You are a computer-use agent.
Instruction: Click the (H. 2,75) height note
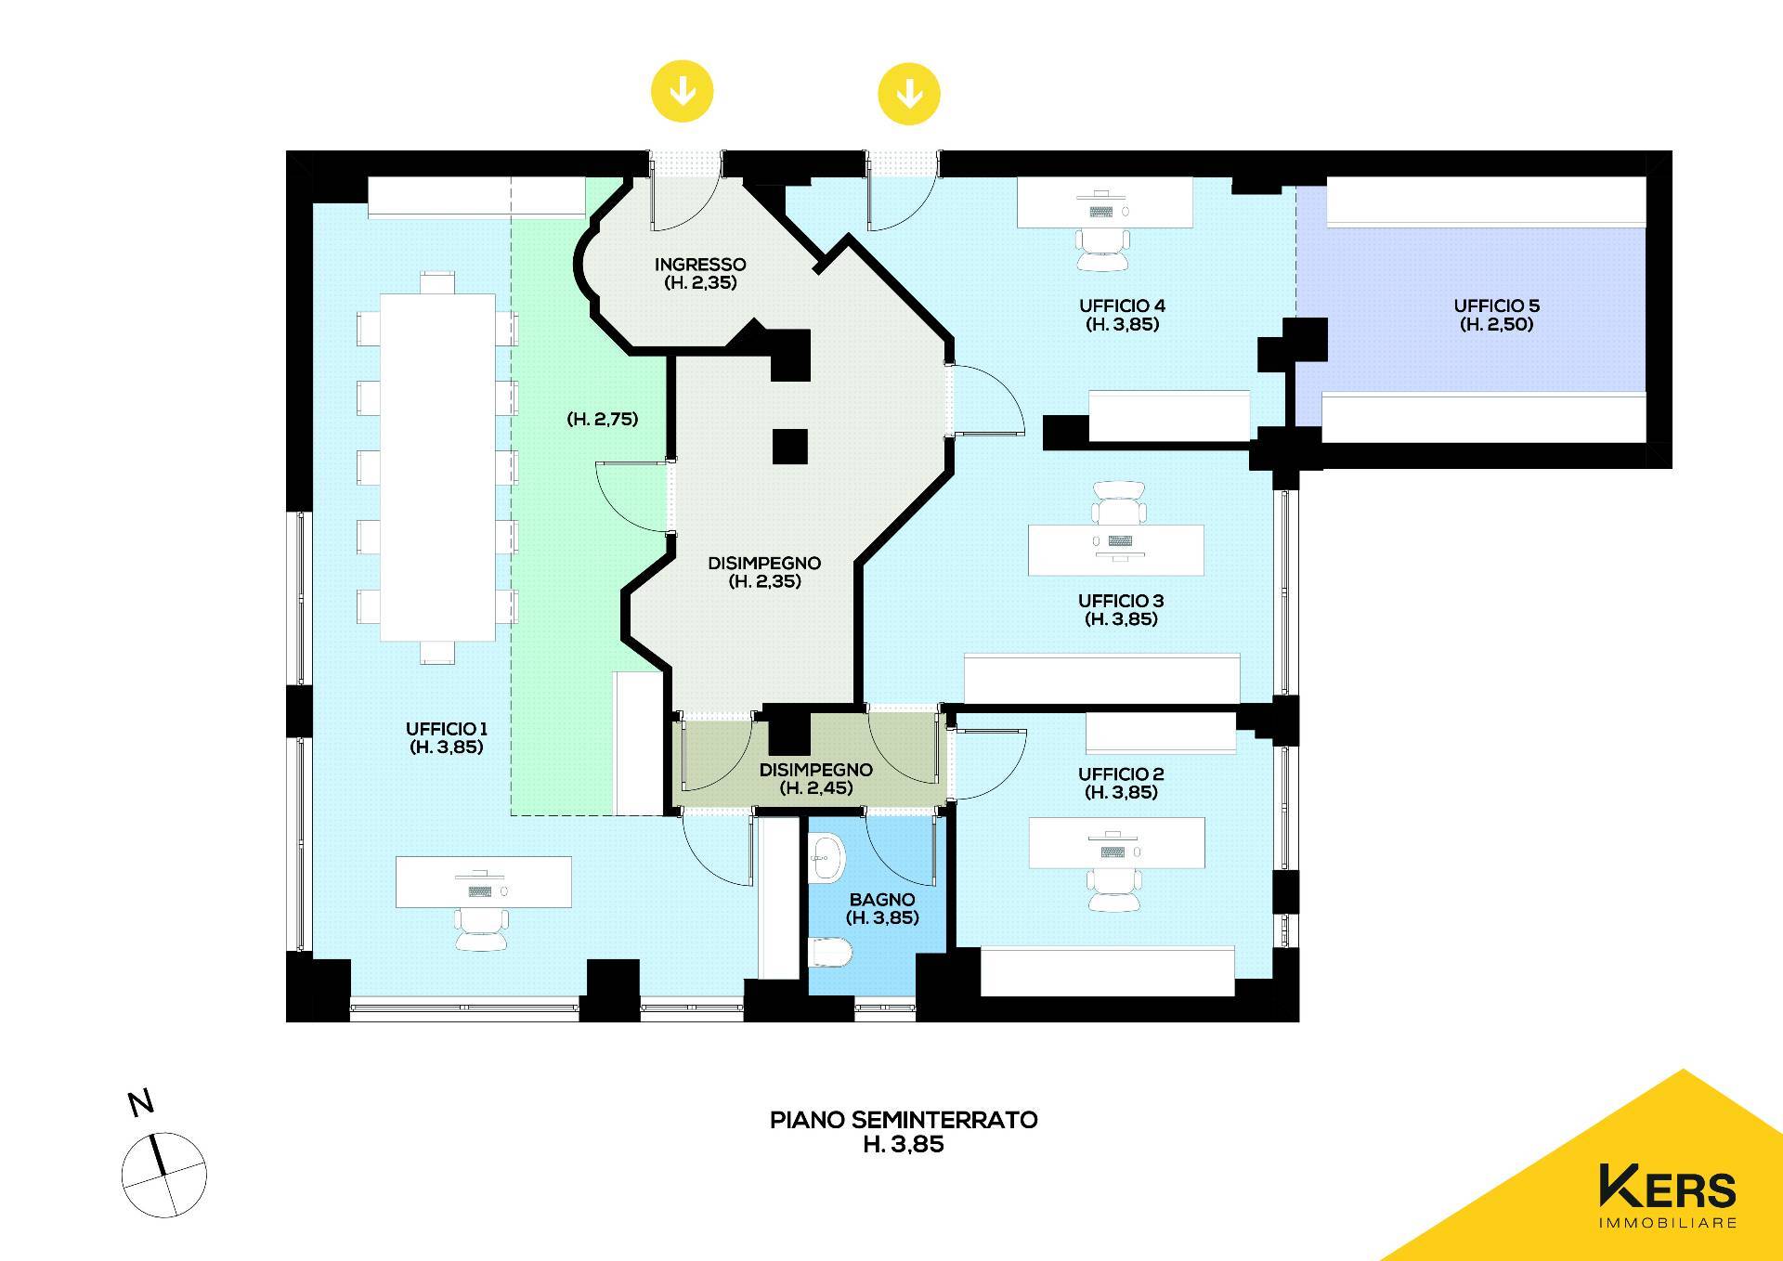603,419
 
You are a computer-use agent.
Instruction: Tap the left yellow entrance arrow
683,92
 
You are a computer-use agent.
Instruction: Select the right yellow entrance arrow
909,94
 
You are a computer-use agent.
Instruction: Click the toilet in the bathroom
828,951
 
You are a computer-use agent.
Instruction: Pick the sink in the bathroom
826,858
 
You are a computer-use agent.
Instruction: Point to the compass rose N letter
141,1103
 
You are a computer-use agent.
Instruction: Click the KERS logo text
1667,1188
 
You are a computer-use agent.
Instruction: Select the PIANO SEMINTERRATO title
904,1120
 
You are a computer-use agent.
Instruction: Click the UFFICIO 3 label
1121,610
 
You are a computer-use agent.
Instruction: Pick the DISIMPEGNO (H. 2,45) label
816,779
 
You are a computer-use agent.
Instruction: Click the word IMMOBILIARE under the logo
1668,1223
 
